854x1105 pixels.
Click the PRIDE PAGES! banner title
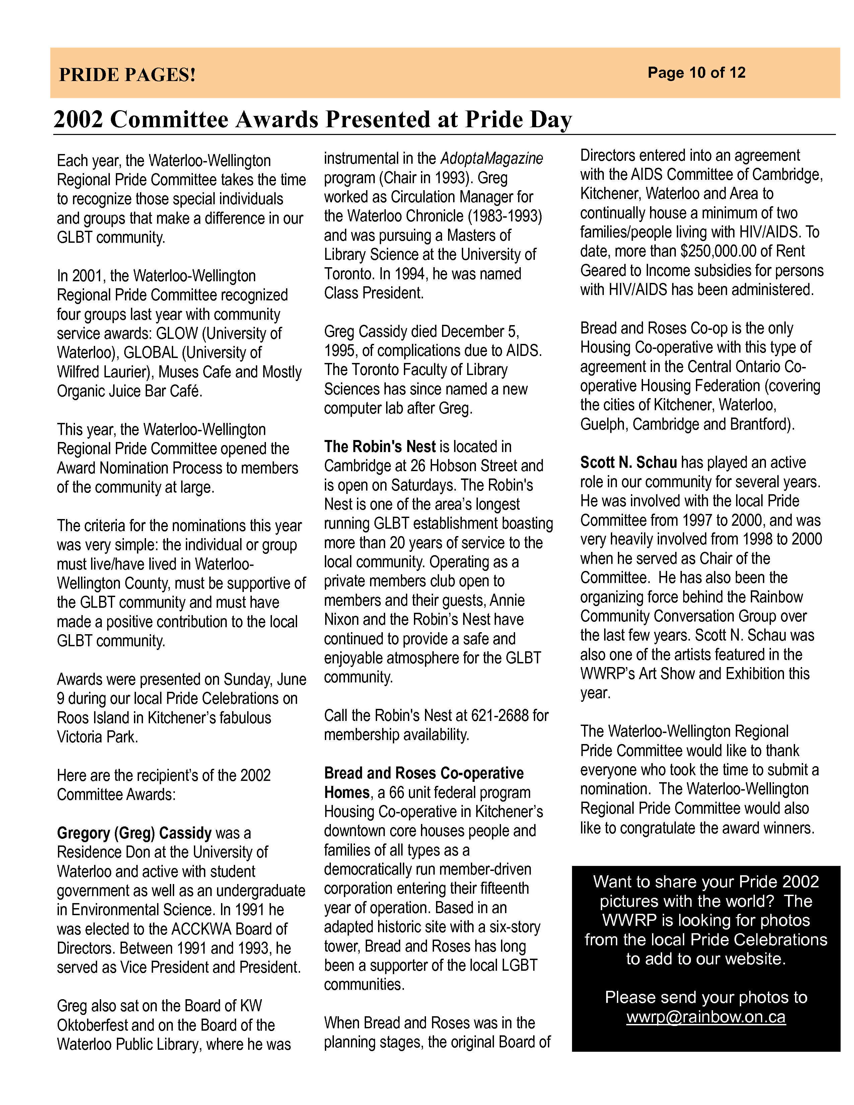(127, 75)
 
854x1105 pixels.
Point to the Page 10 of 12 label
(696, 73)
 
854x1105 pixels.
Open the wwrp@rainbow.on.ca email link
(706, 1017)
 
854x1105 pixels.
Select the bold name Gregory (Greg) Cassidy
(134, 833)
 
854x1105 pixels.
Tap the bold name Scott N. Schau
(628, 462)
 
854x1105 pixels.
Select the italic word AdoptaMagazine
(492, 158)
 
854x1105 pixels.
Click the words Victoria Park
(97, 737)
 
